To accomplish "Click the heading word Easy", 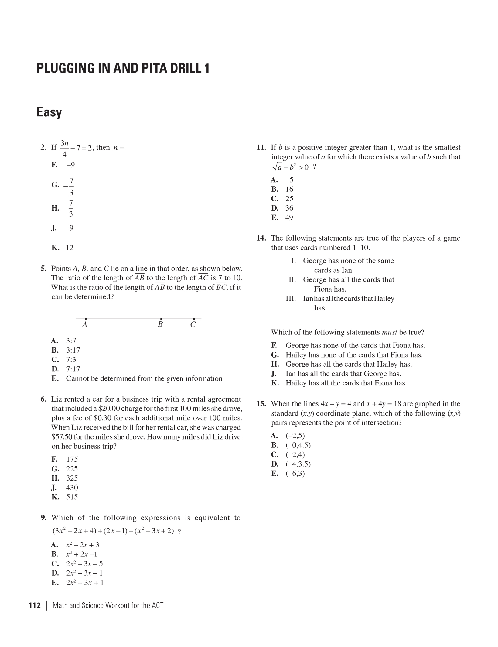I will point(49,112).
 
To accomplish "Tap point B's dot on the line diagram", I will point(161,319).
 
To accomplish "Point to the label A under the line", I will point(85,325).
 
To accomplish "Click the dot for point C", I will point(194,319).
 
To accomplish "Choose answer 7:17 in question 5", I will point(73,369).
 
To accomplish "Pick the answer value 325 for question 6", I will point(72,478).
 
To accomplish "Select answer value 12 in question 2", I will point(70,248).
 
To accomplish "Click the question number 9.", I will point(44,518).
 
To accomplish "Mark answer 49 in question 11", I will point(289,217).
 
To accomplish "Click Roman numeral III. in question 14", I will point(291,299).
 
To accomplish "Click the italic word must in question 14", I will point(389,332).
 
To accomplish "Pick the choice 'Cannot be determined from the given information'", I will point(144,379).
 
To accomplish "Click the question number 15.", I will point(261,404).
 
